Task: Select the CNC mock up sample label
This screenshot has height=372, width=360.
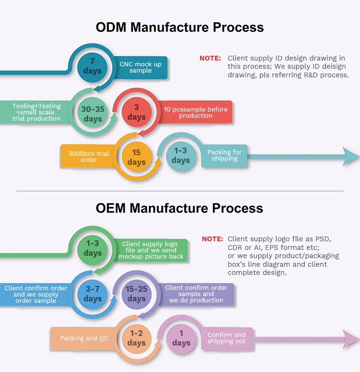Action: pyautogui.click(x=141, y=67)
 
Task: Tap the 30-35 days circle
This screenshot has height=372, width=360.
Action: pyautogui.click(x=93, y=112)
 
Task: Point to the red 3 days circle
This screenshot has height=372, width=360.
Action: pyautogui.click(x=136, y=112)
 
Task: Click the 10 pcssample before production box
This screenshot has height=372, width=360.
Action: pyautogui.click(x=195, y=112)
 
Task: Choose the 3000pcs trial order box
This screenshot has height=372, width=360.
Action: pyautogui.click(x=89, y=156)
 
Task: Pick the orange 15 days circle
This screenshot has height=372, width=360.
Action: pyautogui.click(x=136, y=157)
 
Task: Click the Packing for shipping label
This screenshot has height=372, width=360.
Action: pyautogui.click(x=225, y=156)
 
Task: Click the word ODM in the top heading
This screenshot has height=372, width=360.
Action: pyautogui.click(x=111, y=27)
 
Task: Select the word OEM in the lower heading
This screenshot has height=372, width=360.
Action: pyautogui.click(x=110, y=208)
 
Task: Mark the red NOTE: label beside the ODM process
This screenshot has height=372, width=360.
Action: pyautogui.click(x=210, y=58)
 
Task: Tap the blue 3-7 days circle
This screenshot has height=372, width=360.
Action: pyautogui.click(x=93, y=294)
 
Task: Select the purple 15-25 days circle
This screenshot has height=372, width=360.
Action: pyautogui.click(x=136, y=294)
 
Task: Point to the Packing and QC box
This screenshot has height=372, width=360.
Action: pyautogui.click(x=84, y=338)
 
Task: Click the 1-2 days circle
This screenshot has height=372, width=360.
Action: pyautogui.click(x=136, y=338)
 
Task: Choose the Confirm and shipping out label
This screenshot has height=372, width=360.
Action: pyautogui.click(x=227, y=338)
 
